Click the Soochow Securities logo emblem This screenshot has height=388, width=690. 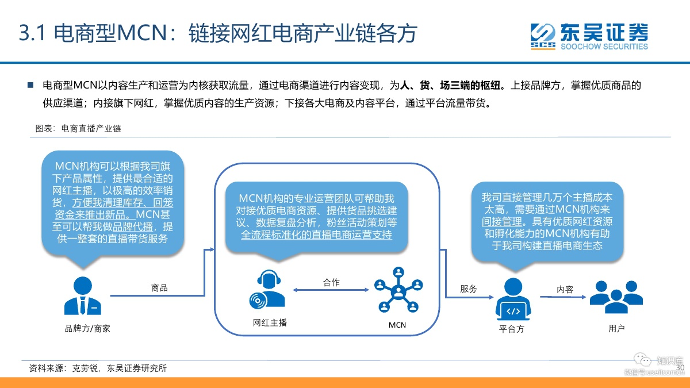click(543, 36)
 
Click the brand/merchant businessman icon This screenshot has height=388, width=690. click(83, 295)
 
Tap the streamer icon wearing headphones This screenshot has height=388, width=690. click(267, 289)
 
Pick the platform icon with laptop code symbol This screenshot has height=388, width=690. click(513, 299)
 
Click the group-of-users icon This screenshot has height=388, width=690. click(616, 297)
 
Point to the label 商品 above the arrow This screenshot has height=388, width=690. click(159, 288)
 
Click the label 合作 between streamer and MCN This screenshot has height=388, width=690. click(331, 282)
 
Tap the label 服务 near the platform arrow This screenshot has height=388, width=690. click(469, 289)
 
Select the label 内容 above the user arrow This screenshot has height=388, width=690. click(565, 289)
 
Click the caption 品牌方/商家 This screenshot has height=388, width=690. click(87, 329)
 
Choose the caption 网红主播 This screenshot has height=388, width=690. click(270, 322)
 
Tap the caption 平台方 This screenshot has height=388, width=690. click(512, 329)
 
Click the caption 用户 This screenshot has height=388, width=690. click(616, 328)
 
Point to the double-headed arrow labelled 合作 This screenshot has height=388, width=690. click(331, 290)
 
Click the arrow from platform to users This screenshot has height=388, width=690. click(563, 297)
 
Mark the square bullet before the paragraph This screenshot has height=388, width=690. click(30, 85)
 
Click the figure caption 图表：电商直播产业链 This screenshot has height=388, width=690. click(78, 128)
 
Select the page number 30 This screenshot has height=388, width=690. click(680, 367)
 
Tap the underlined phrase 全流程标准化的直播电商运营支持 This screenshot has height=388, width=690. click(316, 235)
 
